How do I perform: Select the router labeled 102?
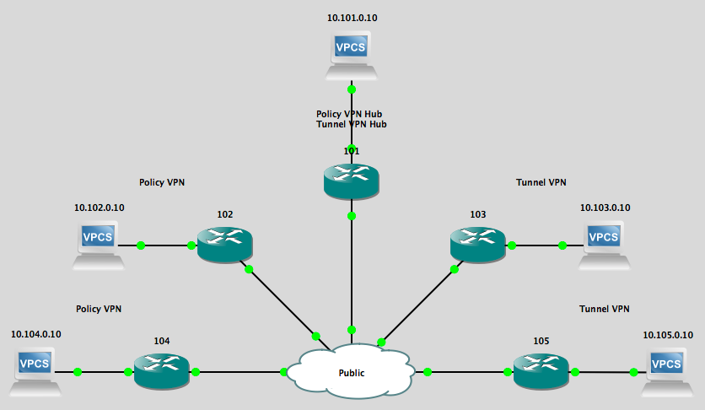coord(225,245)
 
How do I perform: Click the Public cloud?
coord(351,371)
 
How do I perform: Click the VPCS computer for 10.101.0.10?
coord(351,54)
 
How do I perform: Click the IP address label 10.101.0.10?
coord(352,17)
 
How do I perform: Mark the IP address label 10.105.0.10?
coord(668,334)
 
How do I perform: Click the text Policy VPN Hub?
coord(351,114)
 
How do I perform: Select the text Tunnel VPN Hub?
coord(351,125)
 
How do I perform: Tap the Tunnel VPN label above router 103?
coord(541,181)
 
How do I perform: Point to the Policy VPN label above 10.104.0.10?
coord(99,309)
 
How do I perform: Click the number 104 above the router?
coord(162,341)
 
